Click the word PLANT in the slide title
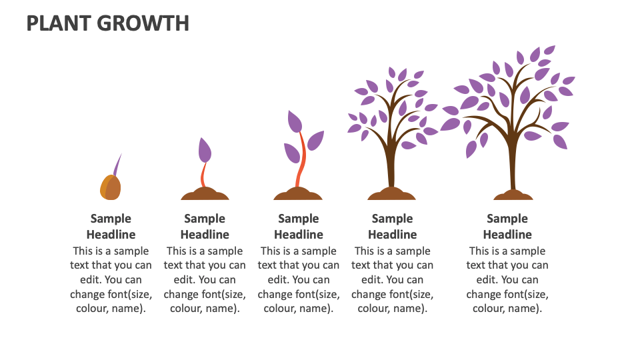(x=58, y=23)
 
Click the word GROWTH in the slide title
(x=143, y=23)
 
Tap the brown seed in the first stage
(x=111, y=188)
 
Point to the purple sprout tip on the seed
(x=118, y=164)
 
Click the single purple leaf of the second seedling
(x=205, y=150)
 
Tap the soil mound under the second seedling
(x=205, y=195)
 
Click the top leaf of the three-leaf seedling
(x=295, y=122)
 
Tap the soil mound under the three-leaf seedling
(x=298, y=195)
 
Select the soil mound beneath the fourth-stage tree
(x=392, y=195)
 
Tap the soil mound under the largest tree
(x=513, y=195)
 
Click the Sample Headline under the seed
(x=111, y=226)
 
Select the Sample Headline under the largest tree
(x=507, y=226)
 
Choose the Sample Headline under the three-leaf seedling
(x=298, y=226)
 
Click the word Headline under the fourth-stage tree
(x=392, y=235)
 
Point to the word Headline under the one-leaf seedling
(x=205, y=235)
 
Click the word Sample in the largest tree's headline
(x=507, y=219)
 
